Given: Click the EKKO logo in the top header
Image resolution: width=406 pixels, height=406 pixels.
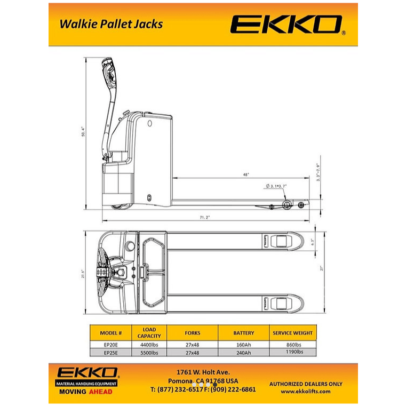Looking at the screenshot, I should (x=288, y=25).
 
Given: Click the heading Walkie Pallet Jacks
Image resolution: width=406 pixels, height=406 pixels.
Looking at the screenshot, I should (x=111, y=24).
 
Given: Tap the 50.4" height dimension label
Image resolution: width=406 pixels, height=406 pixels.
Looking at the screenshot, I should (x=82, y=131).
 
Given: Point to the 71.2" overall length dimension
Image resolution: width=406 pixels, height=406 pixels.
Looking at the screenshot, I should (x=204, y=217).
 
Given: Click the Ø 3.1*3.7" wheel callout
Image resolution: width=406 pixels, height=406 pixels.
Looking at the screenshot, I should (x=276, y=186).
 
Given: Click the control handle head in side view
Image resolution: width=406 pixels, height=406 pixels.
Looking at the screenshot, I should (x=110, y=73).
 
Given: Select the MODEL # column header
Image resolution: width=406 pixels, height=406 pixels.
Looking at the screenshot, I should (x=111, y=333).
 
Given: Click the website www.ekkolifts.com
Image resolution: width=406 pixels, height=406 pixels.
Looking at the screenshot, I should (x=306, y=391).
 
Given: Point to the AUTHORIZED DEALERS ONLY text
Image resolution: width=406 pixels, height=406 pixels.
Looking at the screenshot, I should (x=306, y=384).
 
